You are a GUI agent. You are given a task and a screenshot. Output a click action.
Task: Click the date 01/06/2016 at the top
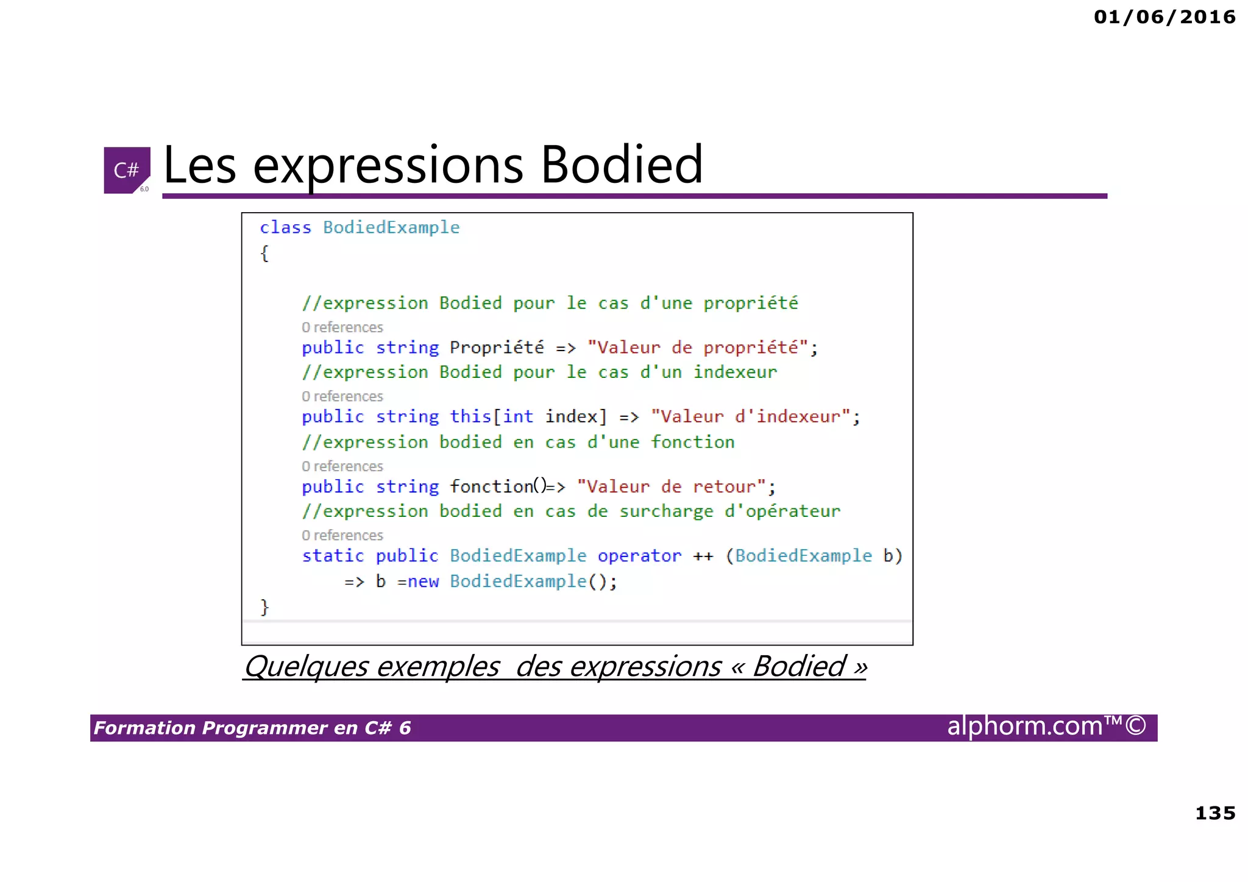pos(1165,17)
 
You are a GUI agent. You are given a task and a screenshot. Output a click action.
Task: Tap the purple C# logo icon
pos(127,170)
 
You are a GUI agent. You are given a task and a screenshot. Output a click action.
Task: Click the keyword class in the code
pos(285,227)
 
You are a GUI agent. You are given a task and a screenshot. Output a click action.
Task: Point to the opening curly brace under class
pos(264,253)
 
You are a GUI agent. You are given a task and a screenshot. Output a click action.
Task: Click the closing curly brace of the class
pos(264,606)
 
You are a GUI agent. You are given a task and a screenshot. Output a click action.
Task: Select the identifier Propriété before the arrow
pos(497,347)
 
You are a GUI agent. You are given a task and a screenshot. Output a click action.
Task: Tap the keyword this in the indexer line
pos(470,416)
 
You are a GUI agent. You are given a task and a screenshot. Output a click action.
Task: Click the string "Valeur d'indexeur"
pos(750,416)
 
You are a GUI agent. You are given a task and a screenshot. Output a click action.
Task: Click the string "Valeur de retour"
pos(670,486)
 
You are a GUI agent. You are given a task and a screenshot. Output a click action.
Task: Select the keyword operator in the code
pos(639,555)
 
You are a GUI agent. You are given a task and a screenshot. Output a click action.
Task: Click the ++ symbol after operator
pos(703,556)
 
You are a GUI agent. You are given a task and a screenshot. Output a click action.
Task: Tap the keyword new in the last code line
pos(423,581)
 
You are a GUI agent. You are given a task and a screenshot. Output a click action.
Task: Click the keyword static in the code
pos(333,555)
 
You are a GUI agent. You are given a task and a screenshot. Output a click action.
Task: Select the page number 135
pos(1215,813)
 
